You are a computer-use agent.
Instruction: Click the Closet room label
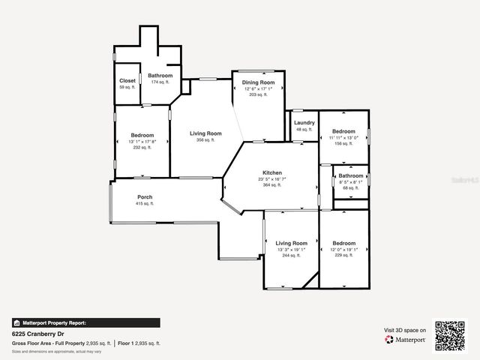[x=127, y=81]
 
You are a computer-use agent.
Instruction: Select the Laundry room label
[x=304, y=122]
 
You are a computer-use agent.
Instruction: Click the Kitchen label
[x=250, y=172]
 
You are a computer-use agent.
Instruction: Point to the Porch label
[x=145, y=197]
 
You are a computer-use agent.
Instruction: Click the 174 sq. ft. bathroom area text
[x=160, y=82]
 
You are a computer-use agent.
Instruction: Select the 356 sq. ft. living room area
[x=205, y=139]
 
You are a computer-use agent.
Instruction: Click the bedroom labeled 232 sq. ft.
[x=142, y=148]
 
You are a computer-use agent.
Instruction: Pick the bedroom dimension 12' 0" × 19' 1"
[x=344, y=250]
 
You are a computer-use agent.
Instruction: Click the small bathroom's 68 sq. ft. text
[x=351, y=188]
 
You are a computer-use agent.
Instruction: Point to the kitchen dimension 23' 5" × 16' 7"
[x=250, y=179]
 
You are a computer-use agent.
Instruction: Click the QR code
[x=450, y=335]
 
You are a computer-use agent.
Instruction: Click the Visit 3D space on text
[x=405, y=330]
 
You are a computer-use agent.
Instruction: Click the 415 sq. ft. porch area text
[x=145, y=203]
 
